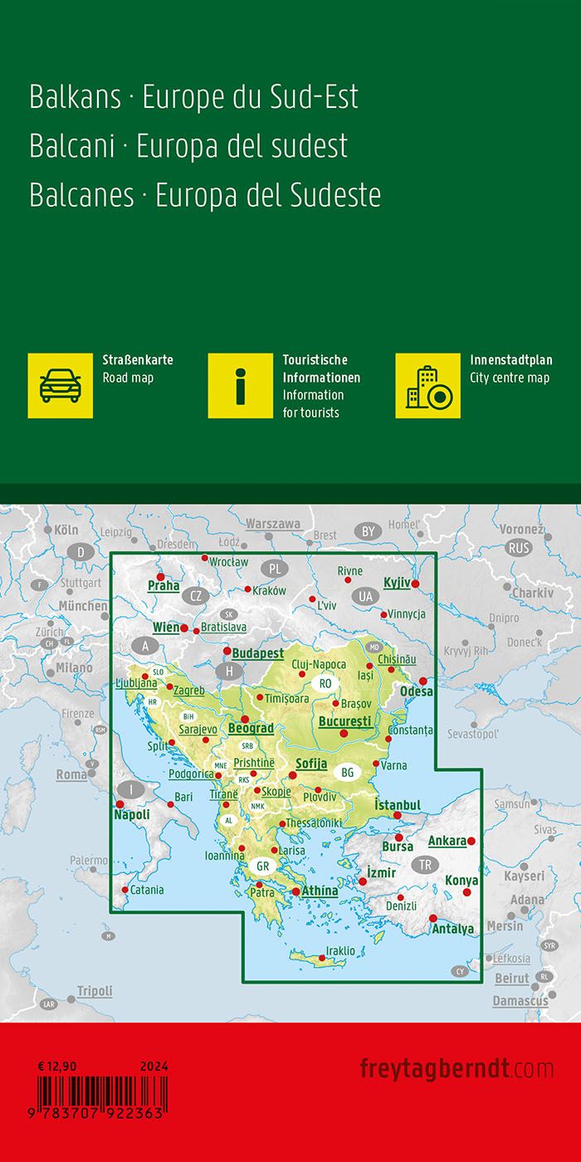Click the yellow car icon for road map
pyautogui.click(x=61, y=385)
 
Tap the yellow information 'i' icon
pyautogui.click(x=241, y=385)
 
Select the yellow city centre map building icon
pyautogui.click(x=427, y=385)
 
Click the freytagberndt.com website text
pyautogui.click(x=456, y=1068)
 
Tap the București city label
pyautogui.click(x=344, y=721)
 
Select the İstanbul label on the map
pyautogui.click(x=398, y=805)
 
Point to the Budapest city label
pyautogui.click(x=257, y=653)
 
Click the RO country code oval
pyautogui.click(x=325, y=684)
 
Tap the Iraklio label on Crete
pyautogui.click(x=340, y=950)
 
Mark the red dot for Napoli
pyautogui.click(x=120, y=804)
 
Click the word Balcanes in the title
pyautogui.click(x=81, y=195)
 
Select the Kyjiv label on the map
pyautogui.click(x=397, y=583)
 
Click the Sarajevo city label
pyautogui.click(x=197, y=729)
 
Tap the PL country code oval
pyautogui.click(x=275, y=569)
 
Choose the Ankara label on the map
pyautogui.click(x=447, y=841)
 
